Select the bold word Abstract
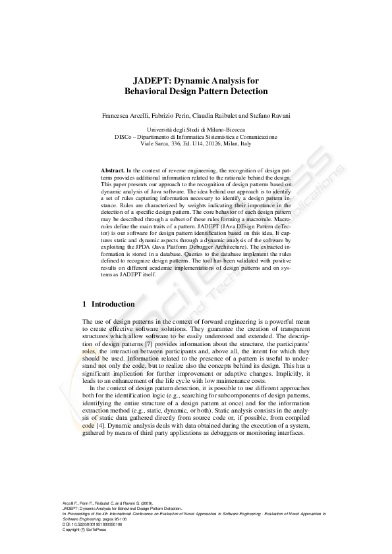pyautogui.click(x=113, y=170)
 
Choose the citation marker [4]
pyautogui.click(x=98, y=426)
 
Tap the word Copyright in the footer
pyautogui.click(x=70, y=530)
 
